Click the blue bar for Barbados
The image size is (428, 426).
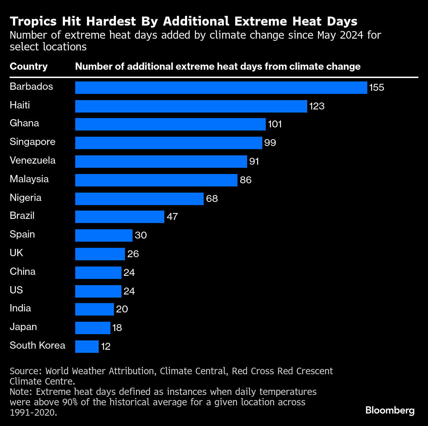tap(221, 88)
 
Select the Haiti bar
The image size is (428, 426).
tap(191, 106)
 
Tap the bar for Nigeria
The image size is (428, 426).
tap(139, 199)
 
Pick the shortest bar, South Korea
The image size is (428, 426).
tap(87, 347)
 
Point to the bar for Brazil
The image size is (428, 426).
tap(119, 217)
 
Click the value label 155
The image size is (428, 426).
tap(377, 88)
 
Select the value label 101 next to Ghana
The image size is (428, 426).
tap(275, 124)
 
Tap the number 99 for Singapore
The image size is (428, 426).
tap(270, 143)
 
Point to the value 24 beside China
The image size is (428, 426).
tap(129, 273)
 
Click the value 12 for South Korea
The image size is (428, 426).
tap(106, 347)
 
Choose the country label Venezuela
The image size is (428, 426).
tap(32, 161)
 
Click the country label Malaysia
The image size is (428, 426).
tap(29, 179)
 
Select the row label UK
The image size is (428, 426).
tap(16, 253)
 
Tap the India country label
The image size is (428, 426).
tap(20, 308)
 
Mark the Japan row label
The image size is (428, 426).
tap(23, 327)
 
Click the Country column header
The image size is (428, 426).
tap(29, 67)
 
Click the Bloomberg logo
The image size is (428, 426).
tap(390, 410)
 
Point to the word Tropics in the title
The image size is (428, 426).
tap(33, 21)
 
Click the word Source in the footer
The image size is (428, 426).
tap(25, 371)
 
